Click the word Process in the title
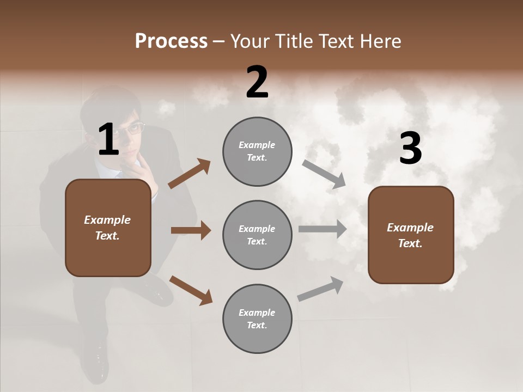coord(171,41)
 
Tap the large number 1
coord(108,140)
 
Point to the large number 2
coord(257,82)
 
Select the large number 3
coord(410,149)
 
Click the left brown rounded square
coord(108,228)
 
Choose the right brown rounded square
coord(411,235)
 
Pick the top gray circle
coord(257,151)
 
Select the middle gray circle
coord(257,235)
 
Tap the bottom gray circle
coord(257,318)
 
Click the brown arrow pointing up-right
coord(190,174)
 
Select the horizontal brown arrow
coord(191,230)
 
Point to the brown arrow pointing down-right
coord(191,290)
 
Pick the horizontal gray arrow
coord(323,229)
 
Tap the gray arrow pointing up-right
coord(320,289)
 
